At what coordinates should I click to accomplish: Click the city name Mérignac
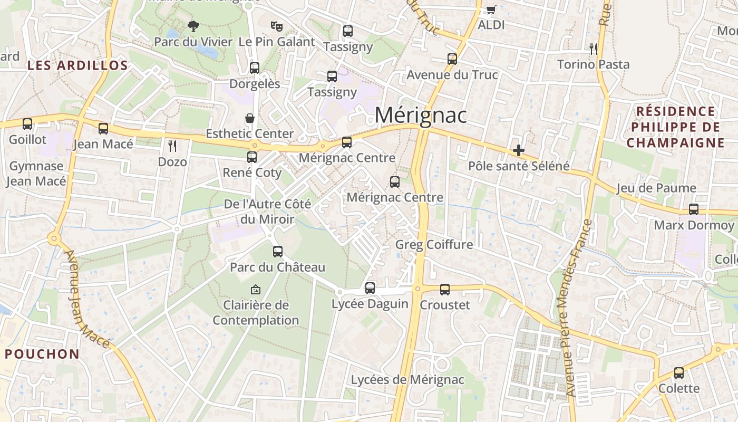coord(421,115)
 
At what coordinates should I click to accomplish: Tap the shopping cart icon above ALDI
coord(491,9)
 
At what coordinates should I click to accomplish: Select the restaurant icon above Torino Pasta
coord(594,49)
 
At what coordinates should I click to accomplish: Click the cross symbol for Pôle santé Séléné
coord(519,150)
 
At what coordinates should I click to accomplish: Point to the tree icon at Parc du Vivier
coord(193,26)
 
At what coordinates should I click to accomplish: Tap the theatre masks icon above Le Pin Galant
coord(277,26)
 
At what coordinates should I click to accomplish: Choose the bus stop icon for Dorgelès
coord(255,68)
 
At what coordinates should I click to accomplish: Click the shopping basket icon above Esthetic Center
coord(249,118)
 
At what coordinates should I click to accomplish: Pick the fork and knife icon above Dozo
coord(172,146)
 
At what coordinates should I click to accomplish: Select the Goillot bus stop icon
coord(27,124)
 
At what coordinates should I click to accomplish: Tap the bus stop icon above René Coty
coord(252,157)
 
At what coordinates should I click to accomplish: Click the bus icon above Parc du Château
coord(278,252)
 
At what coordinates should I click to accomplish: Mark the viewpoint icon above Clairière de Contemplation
coord(256,290)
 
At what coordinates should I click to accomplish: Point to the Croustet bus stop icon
coord(445,290)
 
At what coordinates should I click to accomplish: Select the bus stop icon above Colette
coord(679,373)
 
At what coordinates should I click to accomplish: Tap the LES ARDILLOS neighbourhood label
coord(77,65)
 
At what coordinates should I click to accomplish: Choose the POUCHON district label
coord(42,354)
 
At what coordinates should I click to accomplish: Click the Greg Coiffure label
coord(434,245)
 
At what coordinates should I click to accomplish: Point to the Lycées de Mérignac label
coord(407,380)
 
